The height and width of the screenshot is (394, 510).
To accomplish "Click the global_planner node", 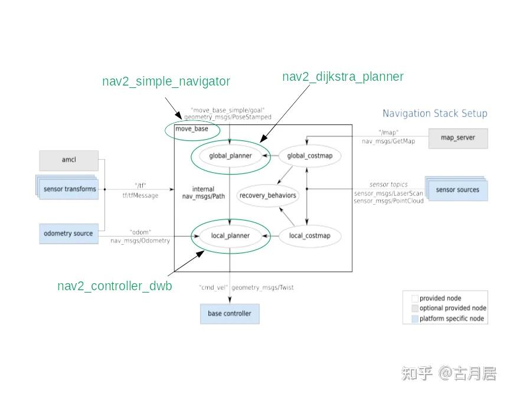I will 230,156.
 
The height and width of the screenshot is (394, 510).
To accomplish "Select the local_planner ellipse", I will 230,236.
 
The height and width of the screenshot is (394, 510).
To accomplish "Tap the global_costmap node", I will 310,156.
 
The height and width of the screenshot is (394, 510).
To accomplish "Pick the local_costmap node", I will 310,236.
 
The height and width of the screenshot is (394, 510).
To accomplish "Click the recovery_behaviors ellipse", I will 268,195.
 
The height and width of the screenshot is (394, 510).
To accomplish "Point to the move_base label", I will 191,129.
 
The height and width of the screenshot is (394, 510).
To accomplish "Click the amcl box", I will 68,160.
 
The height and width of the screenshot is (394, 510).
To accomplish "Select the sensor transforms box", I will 69,189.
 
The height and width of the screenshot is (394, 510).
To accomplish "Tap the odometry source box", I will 68,234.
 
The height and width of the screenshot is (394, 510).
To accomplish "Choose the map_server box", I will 457,138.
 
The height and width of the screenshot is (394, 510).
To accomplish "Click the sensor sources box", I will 457,190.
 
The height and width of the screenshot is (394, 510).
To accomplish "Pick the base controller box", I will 229,314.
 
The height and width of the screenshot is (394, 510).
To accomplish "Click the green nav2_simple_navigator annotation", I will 166,81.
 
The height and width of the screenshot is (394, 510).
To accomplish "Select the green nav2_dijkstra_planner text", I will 342,77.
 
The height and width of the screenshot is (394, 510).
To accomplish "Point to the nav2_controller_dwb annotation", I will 115,286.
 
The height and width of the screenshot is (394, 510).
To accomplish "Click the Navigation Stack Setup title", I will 434,114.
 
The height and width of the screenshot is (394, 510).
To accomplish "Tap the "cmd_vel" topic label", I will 213,288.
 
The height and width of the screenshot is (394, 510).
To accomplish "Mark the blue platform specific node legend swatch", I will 414,319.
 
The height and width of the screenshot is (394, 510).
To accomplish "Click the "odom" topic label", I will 139,232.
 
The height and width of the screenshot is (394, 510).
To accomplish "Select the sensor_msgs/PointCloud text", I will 388,201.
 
